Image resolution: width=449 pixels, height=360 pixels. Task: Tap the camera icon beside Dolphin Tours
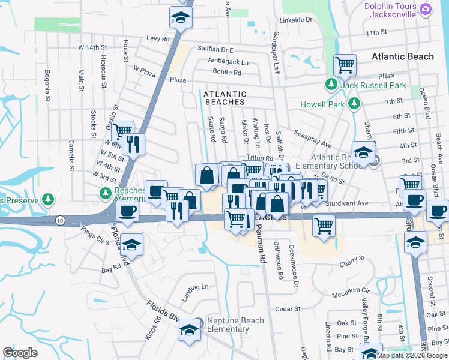426,9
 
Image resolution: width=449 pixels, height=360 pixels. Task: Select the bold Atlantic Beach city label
402,56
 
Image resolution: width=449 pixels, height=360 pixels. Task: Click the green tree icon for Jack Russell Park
330,85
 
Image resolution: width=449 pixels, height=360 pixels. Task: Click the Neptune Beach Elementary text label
235,325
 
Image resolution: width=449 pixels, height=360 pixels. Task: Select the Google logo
20,353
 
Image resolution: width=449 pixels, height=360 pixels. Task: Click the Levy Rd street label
158,38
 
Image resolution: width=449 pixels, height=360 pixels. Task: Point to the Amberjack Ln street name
228,62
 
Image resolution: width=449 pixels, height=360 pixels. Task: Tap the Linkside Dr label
300,20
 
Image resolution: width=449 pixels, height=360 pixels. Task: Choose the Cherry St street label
352,258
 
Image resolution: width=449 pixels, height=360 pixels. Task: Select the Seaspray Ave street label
312,138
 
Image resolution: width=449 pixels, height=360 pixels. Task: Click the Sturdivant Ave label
346,203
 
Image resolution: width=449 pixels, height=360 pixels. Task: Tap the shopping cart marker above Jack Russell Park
345,65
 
